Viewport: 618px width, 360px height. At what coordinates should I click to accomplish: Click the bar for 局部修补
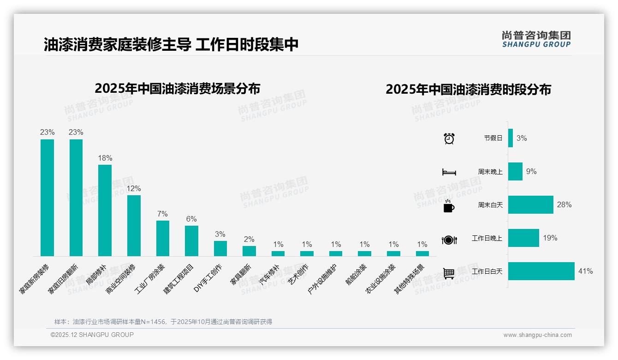[105, 210]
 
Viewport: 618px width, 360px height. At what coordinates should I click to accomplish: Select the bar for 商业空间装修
[134, 225]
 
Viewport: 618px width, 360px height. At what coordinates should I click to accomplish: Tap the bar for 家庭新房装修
[47, 198]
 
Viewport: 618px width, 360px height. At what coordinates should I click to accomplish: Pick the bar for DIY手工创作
[220, 248]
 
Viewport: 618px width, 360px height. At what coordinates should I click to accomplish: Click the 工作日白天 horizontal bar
[541, 271]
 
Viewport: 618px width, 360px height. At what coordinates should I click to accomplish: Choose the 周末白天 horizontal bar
[531, 205]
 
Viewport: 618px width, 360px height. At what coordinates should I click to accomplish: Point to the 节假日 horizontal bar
[511, 138]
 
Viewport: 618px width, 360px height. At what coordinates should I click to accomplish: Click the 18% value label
[105, 158]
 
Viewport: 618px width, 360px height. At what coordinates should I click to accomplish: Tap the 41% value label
[585, 271]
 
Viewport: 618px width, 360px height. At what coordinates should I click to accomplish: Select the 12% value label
[134, 188]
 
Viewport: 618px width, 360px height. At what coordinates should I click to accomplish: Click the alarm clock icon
[449, 138]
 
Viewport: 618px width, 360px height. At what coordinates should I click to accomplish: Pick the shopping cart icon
[449, 273]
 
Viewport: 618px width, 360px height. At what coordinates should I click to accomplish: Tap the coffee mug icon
[449, 206]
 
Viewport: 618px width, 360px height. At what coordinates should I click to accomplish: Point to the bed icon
[449, 172]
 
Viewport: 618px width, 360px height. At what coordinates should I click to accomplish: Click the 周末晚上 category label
[490, 172]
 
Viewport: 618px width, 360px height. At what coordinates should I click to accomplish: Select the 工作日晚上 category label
[487, 238]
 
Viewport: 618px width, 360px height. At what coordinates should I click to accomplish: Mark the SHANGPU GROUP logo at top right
[536, 39]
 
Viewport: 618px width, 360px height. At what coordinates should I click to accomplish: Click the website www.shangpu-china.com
[537, 335]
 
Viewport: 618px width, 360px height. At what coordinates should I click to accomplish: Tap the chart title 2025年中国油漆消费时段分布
[468, 90]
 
